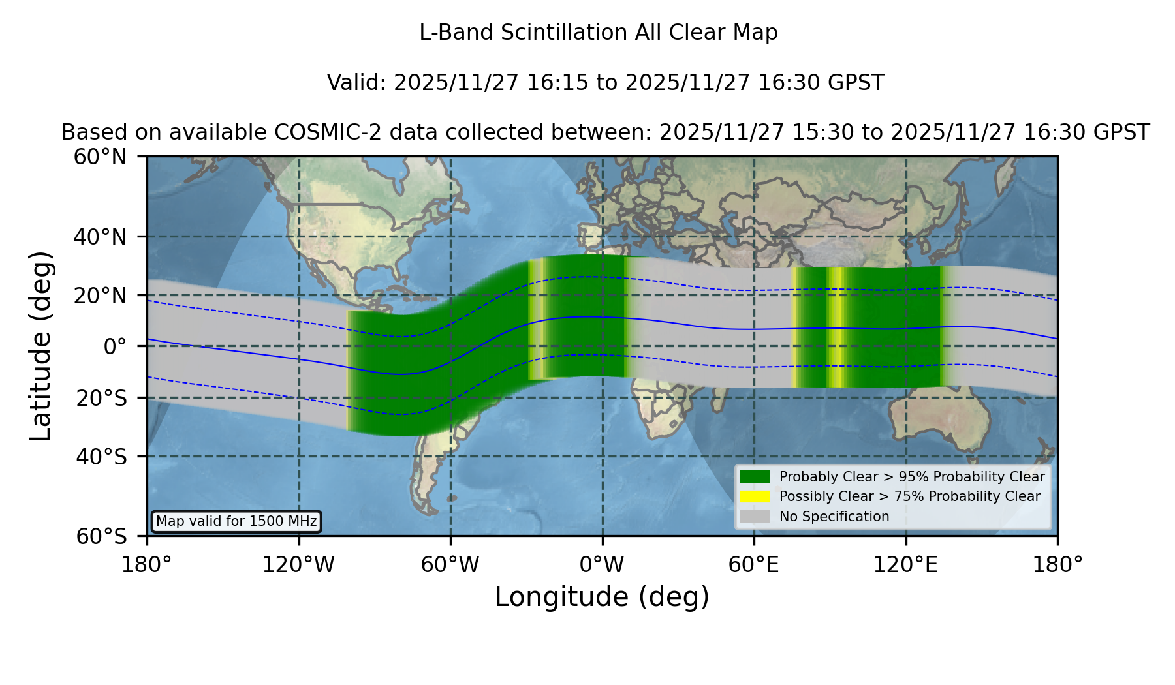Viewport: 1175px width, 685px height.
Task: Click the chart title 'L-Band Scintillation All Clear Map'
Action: pyautogui.click(x=599, y=33)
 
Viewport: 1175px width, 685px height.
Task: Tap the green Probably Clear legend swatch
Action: pyautogui.click(x=755, y=477)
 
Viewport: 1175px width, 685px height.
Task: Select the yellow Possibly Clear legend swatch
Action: pyautogui.click(x=755, y=496)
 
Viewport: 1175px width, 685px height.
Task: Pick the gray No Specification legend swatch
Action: pyautogui.click(x=755, y=517)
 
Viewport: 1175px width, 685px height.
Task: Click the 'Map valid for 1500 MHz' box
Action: pyautogui.click(x=236, y=521)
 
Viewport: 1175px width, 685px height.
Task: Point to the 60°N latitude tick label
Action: pyautogui.click(x=100, y=157)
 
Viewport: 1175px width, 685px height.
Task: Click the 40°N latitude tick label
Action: pyautogui.click(x=100, y=237)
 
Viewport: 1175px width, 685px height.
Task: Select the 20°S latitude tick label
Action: pyautogui.click(x=101, y=397)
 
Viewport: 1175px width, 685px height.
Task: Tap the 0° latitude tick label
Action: pyautogui.click(x=115, y=346)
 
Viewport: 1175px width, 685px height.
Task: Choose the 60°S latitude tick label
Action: pyautogui.click(x=101, y=536)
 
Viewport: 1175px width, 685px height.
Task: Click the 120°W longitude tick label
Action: pyautogui.click(x=298, y=564)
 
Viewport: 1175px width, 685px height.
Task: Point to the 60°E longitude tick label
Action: pyautogui.click(x=754, y=564)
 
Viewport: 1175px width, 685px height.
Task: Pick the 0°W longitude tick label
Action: pyautogui.click(x=602, y=564)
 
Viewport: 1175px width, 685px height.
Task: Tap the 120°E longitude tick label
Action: pyautogui.click(x=905, y=564)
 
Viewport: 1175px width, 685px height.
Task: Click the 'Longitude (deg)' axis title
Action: pyautogui.click(x=602, y=597)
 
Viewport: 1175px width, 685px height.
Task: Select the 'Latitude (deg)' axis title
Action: pyautogui.click(x=40, y=346)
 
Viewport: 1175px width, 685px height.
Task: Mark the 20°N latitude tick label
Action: pyautogui.click(x=100, y=296)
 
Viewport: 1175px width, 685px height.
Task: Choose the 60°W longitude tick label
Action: pyautogui.click(x=450, y=564)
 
